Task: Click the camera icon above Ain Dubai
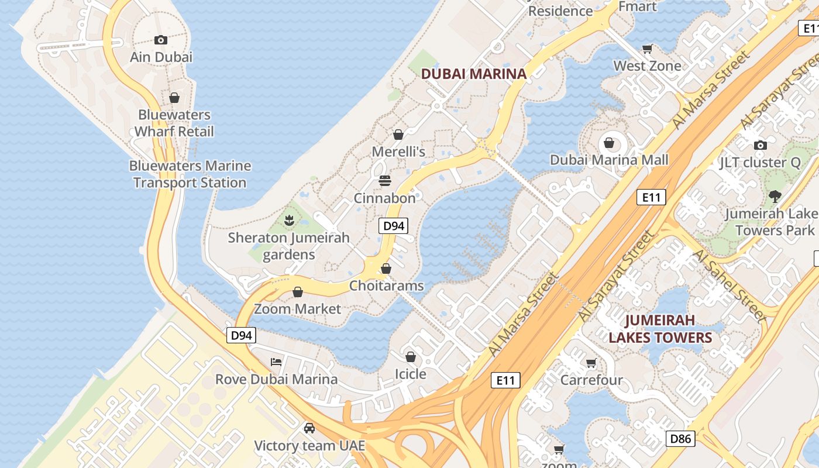point(161,40)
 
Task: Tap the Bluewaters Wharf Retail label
point(174,123)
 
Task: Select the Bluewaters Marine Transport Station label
point(190,174)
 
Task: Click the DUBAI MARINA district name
point(474,74)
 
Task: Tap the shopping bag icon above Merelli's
point(398,135)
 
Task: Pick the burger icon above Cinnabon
point(384,181)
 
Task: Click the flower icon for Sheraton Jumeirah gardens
point(288,221)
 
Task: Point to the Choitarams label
point(386,285)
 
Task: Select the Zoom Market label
point(297,308)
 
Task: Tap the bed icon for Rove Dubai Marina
point(276,362)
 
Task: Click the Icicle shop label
point(411,374)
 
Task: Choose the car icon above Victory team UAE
point(309,428)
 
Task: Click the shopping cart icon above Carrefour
point(591,363)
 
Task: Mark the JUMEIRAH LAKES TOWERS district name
point(660,329)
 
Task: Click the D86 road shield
point(680,438)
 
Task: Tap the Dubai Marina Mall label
point(609,160)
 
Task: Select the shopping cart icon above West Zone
point(647,49)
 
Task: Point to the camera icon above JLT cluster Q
point(760,145)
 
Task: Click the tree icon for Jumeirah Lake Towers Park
point(775,197)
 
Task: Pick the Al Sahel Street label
point(728,285)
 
